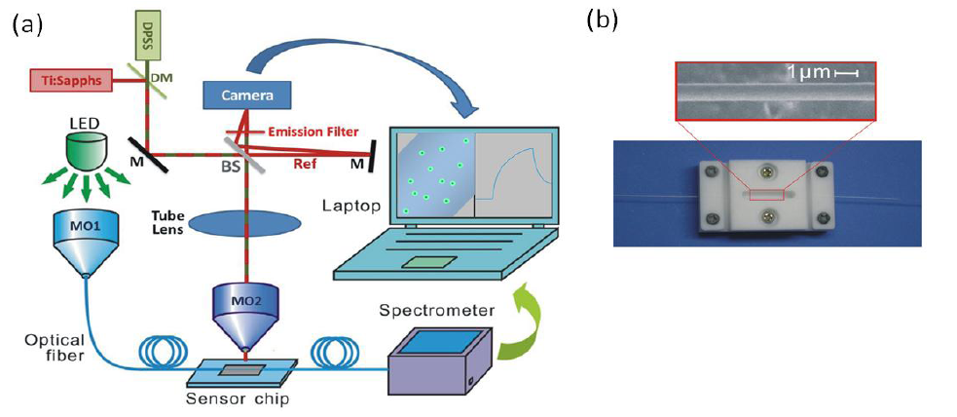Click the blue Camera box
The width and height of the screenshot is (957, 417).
tap(246, 95)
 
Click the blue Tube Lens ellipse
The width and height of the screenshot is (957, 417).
tap(234, 222)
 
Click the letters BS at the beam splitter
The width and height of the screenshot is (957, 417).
tap(230, 167)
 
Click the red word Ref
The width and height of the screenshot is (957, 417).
tap(305, 166)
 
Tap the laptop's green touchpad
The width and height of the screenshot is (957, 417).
tap(427, 260)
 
